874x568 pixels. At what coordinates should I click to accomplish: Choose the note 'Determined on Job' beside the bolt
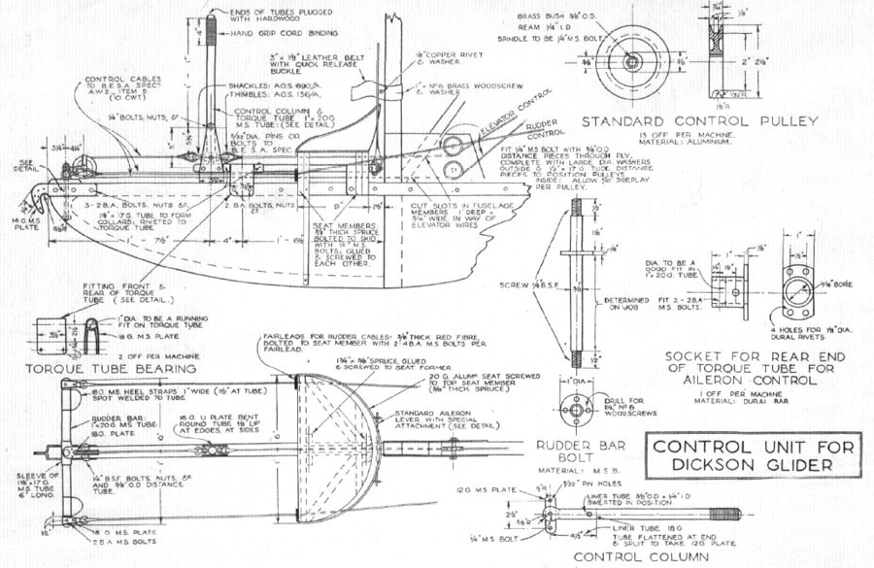[x=623, y=304]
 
